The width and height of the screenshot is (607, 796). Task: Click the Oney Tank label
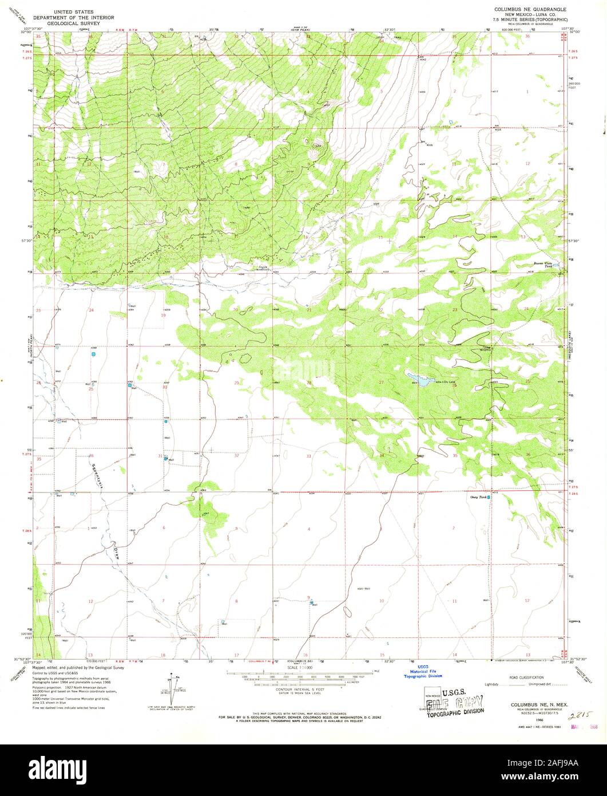(x=478, y=497)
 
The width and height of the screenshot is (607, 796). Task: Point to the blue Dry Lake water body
(x=420, y=380)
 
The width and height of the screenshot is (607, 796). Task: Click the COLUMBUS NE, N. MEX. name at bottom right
(x=526, y=702)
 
